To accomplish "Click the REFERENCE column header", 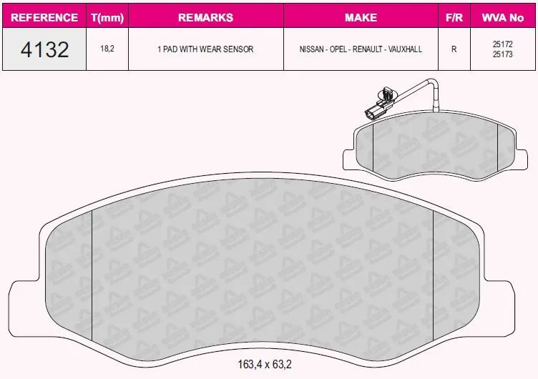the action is pos(44,17).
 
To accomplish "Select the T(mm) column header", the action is pos(107,17).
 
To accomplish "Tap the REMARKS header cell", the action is pos(205,17).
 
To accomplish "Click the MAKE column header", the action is pos(361,17).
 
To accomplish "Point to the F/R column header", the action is pos(454,17).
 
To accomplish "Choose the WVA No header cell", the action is pos(503,17).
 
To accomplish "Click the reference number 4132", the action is pos(44,49).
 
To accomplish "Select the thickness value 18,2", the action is pos(107,49).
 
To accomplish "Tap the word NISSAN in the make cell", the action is pos(311,49).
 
